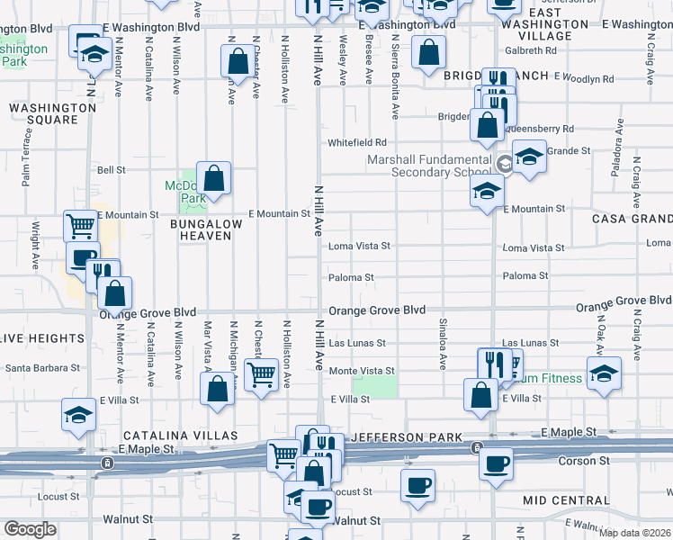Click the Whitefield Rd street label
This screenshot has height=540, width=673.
click(x=357, y=142)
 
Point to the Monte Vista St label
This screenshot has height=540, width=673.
click(x=362, y=371)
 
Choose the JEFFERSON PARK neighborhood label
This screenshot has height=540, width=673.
click(x=401, y=436)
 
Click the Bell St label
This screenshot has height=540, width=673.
click(x=111, y=169)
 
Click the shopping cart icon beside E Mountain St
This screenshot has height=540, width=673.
click(x=80, y=225)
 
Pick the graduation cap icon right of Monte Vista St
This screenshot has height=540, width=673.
click(x=604, y=372)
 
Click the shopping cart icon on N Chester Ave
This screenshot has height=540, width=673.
click(x=261, y=373)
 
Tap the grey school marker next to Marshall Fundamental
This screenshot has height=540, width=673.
click(x=505, y=164)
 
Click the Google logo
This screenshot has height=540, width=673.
click(x=30, y=529)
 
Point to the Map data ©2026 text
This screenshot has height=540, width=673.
click(x=633, y=533)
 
